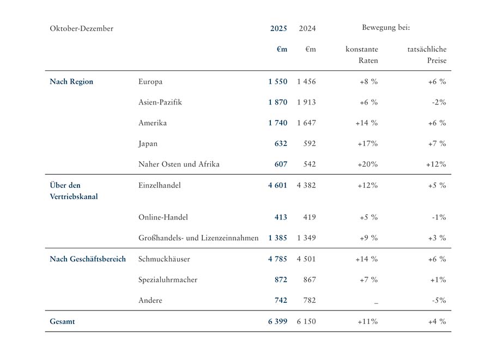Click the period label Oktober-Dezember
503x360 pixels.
pos(81,28)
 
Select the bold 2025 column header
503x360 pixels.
pos(278,28)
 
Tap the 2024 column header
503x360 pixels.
pos(307,28)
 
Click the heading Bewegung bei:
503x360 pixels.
pos(385,27)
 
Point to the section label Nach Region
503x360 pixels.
pos(71,82)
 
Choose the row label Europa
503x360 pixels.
pos(150,82)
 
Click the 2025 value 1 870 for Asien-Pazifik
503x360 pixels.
pos(277,102)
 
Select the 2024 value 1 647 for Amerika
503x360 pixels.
pos(306,123)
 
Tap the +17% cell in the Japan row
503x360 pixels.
pos(367,144)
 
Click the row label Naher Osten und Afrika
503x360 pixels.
pos(179,164)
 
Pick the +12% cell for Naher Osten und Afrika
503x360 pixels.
pos(436,164)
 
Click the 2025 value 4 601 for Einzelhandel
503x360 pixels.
pos(277,185)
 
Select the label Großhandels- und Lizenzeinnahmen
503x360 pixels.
pos(198,238)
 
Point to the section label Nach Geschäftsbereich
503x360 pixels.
pos(88,259)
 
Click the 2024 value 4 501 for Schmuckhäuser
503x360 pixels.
pos(306,259)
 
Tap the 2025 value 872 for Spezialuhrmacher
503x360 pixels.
pos(281,280)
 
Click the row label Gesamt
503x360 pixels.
pos(62,322)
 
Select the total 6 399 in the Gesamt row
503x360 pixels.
pos(277,322)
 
